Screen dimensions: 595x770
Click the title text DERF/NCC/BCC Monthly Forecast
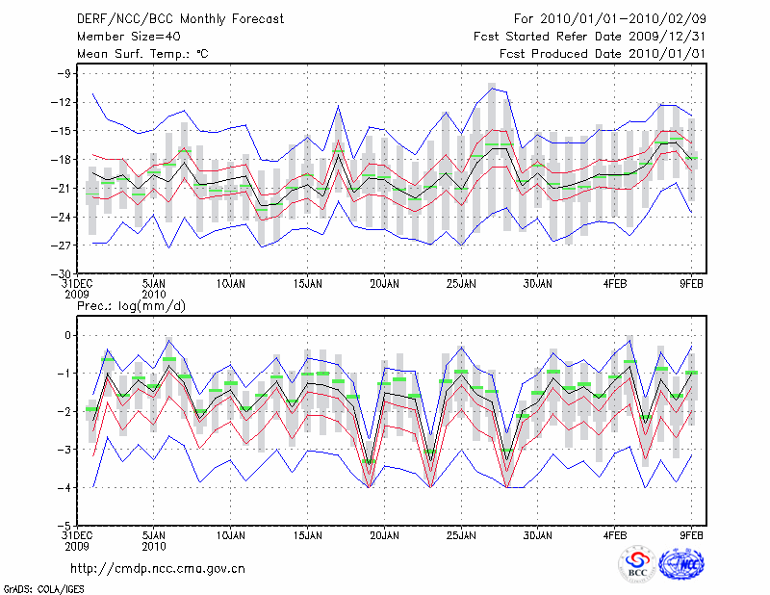166,18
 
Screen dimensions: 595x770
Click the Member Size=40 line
123,37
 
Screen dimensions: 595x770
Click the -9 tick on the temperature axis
66,73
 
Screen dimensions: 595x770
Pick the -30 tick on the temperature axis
63,274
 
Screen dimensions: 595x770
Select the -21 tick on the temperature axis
63,188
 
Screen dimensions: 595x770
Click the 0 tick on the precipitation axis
68,335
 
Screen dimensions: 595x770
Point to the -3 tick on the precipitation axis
66,450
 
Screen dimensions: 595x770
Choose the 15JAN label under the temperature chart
306,284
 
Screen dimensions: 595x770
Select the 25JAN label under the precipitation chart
461,536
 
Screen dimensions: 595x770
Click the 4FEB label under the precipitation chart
615,536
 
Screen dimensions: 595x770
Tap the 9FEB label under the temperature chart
693,284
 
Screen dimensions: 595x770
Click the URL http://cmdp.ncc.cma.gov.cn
158,568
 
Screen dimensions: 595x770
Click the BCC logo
637,565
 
